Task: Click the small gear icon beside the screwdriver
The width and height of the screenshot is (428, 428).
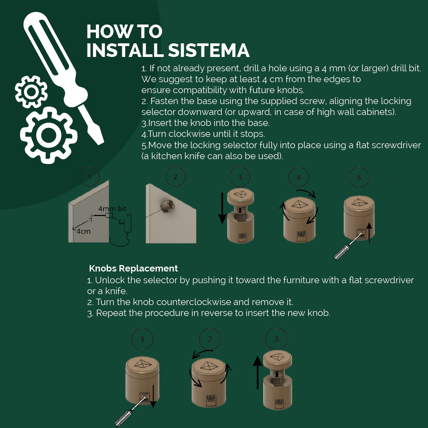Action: click(31, 91)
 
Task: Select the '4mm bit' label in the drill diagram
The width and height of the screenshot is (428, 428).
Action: click(112, 209)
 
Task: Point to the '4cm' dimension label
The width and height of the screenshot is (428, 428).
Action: click(83, 231)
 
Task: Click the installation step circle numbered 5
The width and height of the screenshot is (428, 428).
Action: click(359, 177)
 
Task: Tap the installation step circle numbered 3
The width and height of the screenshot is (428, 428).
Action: click(240, 177)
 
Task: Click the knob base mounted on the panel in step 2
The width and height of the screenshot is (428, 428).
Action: click(169, 206)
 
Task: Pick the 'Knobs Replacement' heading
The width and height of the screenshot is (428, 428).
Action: click(133, 268)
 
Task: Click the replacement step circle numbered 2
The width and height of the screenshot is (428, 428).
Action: click(210, 339)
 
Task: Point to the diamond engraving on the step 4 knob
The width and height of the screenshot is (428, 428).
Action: click(300, 204)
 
